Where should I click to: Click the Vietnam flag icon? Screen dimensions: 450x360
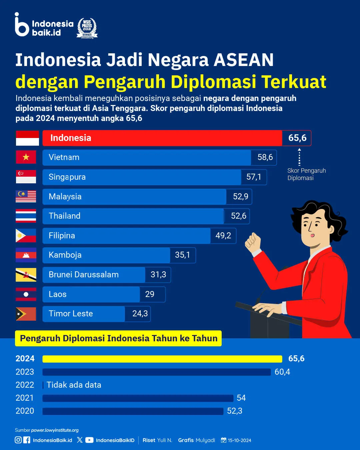click(26, 157)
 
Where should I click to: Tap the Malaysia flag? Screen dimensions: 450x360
click(26, 196)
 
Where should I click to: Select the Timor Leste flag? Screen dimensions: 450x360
click(26, 314)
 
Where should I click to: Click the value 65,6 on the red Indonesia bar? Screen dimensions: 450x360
click(297, 138)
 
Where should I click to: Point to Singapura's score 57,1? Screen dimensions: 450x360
click(254, 177)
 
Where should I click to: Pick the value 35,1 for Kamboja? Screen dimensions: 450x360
click(182, 255)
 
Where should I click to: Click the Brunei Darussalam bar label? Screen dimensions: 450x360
click(84, 275)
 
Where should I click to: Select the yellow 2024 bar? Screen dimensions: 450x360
click(162, 359)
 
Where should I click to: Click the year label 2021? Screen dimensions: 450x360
click(25, 398)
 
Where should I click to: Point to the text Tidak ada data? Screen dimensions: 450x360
click(74, 385)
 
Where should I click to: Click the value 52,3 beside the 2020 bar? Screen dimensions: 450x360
click(235, 411)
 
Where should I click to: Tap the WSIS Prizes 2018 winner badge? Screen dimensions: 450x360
click(87, 28)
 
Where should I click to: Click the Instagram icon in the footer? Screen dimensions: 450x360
click(18, 440)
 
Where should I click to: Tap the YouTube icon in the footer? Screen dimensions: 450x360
click(89, 440)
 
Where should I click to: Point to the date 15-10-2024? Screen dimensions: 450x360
click(239, 440)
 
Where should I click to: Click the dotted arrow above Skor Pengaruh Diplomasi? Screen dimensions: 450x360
click(299, 157)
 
